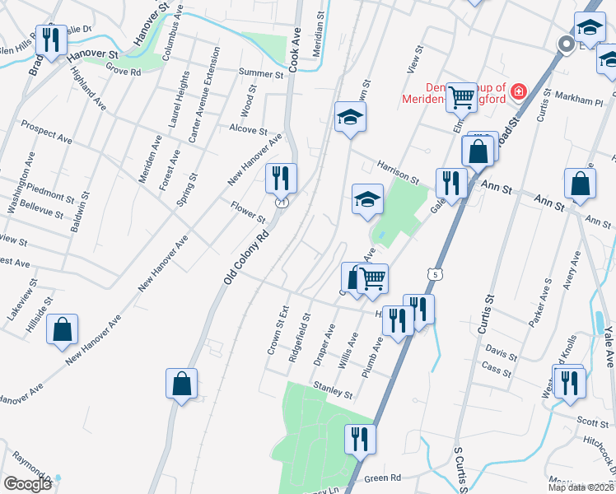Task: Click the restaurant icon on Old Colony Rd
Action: tap(281, 178)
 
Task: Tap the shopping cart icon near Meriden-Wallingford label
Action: tap(462, 98)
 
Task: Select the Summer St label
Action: tap(261, 73)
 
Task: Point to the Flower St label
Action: tap(248, 213)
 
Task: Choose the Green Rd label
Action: tap(382, 478)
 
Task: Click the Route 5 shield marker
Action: tap(433, 273)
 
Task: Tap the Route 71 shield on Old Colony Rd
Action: tap(282, 202)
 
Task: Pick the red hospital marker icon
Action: tap(519, 91)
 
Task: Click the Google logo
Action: tap(27, 484)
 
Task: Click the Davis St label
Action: tap(500, 357)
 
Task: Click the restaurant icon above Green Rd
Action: tap(360, 439)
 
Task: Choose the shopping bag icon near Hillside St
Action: tap(63, 329)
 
